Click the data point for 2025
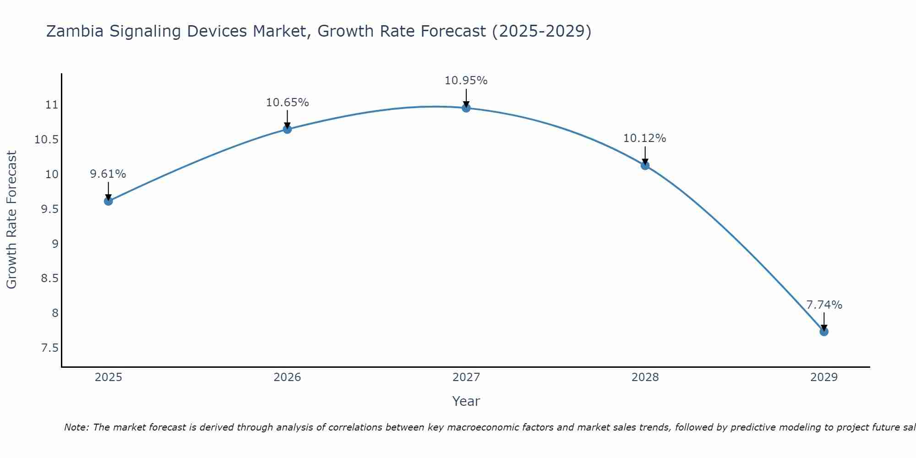tap(108, 201)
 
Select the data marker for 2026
tap(287, 129)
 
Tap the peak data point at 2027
tap(466, 108)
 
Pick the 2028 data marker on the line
tap(645, 165)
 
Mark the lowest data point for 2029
tap(824, 331)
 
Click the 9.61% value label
tap(108, 174)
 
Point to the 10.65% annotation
tap(287, 103)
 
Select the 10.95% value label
tap(466, 81)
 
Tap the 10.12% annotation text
tap(645, 138)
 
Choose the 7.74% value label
tap(824, 305)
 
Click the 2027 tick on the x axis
tap(466, 377)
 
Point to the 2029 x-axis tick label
tap(824, 377)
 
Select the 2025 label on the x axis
tap(108, 377)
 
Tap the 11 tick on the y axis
tap(52, 105)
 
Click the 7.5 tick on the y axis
tap(49, 348)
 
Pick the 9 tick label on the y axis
tap(55, 244)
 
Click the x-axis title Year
tap(466, 401)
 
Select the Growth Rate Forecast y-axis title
tap(12, 220)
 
